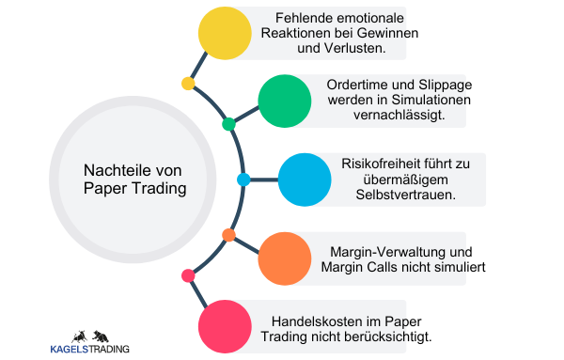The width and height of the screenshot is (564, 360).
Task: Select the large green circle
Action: tap(284, 101)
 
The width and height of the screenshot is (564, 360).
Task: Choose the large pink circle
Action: tap(226, 326)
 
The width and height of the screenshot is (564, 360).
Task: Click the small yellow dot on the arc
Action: tap(188, 84)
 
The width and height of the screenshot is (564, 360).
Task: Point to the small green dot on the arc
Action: tap(228, 124)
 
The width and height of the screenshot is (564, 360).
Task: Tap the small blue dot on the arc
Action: tap(243, 179)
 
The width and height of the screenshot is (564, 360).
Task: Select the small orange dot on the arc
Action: tap(228, 234)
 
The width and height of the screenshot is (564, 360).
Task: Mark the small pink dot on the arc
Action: tap(188, 275)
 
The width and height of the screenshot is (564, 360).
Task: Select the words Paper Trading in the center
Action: tap(135, 188)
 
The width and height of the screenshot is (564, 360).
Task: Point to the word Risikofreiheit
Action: tap(380, 163)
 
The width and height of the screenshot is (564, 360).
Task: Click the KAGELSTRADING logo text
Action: tap(90, 350)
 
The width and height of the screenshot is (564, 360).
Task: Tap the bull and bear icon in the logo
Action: tap(90, 336)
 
